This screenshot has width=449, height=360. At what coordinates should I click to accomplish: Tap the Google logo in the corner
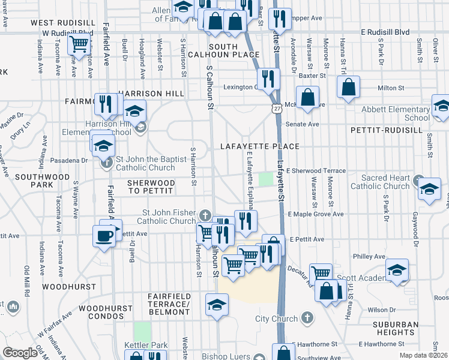click(x=20, y=353)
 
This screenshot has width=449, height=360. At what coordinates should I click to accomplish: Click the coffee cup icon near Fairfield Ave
click(x=105, y=235)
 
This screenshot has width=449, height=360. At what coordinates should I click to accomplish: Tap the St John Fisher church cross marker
click(x=205, y=215)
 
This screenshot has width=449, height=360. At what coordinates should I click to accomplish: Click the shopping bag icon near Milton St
click(x=349, y=88)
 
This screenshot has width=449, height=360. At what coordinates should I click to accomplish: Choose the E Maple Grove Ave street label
click(x=316, y=214)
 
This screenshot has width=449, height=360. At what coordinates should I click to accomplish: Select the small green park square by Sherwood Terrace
click(x=265, y=179)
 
